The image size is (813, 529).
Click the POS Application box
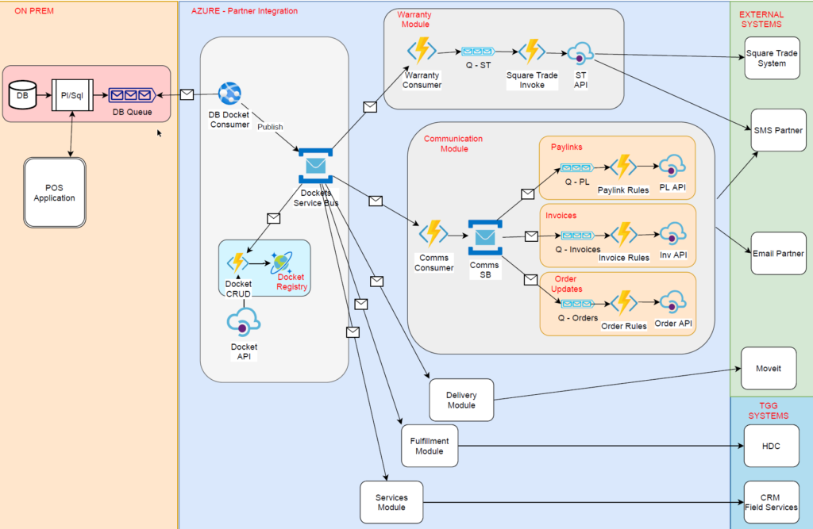coord(55,193)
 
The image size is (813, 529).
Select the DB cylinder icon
coord(23,96)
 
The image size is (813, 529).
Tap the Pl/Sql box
coord(72,96)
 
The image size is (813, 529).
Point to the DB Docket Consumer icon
coord(229,94)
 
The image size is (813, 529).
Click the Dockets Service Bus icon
coord(316,166)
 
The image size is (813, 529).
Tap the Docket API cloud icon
coord(244,323)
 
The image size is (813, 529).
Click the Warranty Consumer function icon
coord(422,51)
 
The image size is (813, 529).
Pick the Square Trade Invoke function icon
coord(531,52)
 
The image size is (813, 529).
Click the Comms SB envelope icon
coord(484,237)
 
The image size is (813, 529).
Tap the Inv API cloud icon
coord(672,236)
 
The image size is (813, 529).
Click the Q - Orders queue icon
coord(576,304)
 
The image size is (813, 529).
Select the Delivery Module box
coord(461,400)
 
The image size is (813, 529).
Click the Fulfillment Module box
coord(430,447)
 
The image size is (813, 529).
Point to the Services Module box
coord(391,502)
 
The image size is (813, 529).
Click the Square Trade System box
coord(772,58)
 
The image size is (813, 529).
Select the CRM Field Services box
coord(771,502)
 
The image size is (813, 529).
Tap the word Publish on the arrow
coord(270,126)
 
